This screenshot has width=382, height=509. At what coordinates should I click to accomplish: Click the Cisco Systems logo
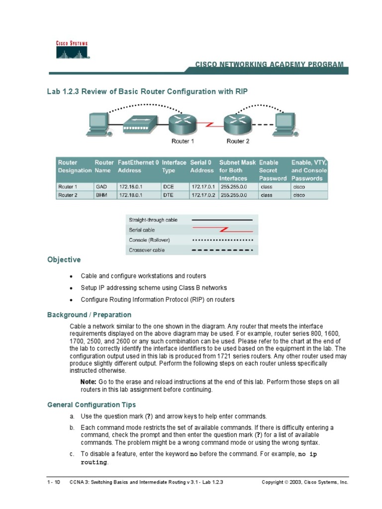72,50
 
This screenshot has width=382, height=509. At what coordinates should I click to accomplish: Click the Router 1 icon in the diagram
182,123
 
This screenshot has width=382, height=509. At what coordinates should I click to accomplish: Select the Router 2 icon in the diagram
238,123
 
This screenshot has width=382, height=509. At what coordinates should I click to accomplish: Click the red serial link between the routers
210,123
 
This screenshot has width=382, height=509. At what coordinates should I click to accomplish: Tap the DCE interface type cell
168,187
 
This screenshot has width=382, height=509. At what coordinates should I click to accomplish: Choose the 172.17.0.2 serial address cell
203,195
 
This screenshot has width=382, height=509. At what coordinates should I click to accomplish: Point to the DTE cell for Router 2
168,195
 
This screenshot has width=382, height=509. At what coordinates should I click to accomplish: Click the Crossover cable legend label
147,250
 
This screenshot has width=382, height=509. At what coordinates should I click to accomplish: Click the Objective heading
64,259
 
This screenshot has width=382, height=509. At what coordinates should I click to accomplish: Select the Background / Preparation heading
89,315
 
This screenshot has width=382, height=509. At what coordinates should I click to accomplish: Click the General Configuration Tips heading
92,405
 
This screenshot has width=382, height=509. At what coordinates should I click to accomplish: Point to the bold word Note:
89,381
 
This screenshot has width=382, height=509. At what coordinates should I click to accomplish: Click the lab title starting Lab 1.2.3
147,91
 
